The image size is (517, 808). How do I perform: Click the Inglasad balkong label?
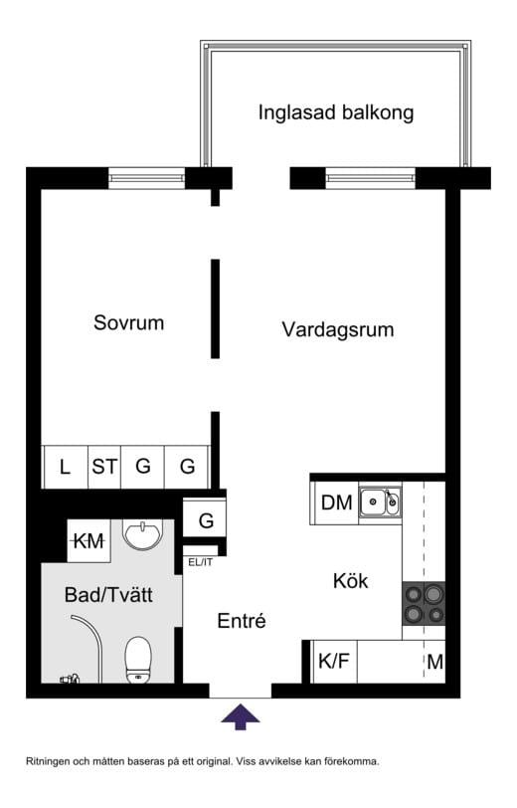click(335, 112)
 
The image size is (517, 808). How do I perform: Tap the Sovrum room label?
click(128, 323)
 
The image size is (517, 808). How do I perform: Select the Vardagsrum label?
click(337, 329)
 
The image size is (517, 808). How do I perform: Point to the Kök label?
click(350, 581)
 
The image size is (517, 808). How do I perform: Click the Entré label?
click(242, 622)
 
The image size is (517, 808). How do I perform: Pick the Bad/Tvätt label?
click(108, 596)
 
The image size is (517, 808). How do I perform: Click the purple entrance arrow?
click(240, 715)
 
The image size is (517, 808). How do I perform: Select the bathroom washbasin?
click(146, 534)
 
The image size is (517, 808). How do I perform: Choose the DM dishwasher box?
click(336, 504)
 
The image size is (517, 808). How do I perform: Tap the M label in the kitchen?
click(434, 662)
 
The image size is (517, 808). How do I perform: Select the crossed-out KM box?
click(89, 542)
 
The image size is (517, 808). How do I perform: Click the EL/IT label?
click(200, 562)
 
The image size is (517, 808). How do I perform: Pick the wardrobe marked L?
click(65, 466)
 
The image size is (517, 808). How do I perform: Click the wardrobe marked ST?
click(104, 466)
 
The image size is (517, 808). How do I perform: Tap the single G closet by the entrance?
click(206, 520)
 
